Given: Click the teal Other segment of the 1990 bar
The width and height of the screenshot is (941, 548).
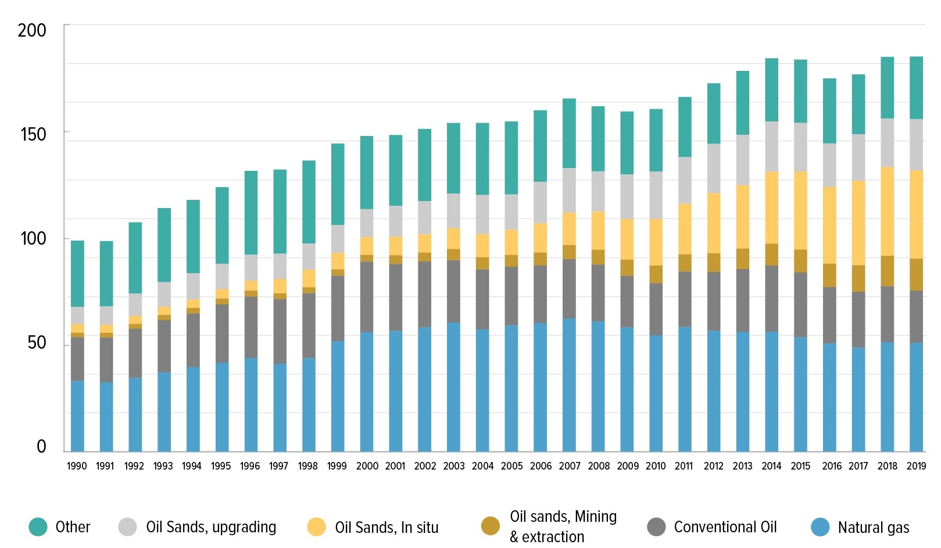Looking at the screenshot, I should click(77, 273).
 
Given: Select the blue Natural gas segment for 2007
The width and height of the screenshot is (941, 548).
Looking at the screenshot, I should click(569, 385).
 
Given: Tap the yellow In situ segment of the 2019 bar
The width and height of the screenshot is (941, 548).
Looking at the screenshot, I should click(916, 214).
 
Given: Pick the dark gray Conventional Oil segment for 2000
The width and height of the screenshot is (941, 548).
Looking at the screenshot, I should click(367, 296).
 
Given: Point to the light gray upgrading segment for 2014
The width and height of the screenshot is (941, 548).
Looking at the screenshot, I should click(771, 146).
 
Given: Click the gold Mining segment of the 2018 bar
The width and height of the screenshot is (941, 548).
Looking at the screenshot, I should click(887, 271).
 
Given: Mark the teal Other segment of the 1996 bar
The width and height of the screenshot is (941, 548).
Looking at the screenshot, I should click(251, 212).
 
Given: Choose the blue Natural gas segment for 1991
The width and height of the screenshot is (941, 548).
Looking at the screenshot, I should click(106, 417).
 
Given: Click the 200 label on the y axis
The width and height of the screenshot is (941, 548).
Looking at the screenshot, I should click(32, 30).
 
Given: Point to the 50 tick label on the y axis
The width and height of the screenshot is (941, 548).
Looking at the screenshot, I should click(37, 342).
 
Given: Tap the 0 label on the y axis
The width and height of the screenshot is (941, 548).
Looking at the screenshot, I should click(41, 446).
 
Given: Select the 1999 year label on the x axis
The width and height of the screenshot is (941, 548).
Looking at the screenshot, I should click(337, 466).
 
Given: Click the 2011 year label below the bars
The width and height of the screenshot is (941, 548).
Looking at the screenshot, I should click(684, 466).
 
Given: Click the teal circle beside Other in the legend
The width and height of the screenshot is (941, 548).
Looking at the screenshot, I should click(38, 527).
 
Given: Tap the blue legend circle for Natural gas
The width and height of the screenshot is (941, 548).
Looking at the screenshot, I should click(820, 527).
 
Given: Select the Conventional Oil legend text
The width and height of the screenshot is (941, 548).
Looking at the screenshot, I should click(725, 527).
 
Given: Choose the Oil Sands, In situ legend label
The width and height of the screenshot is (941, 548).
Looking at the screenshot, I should click(387, 528).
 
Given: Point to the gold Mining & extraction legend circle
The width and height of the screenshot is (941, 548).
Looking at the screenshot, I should click(491, 526).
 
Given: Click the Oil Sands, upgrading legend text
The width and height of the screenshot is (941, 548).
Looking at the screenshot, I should click(211, 527).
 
